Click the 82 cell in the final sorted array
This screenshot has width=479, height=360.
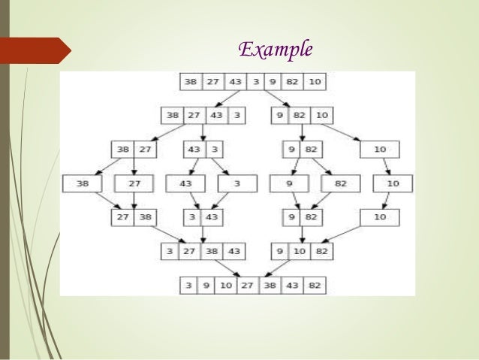315,286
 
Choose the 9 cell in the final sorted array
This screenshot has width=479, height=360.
205,286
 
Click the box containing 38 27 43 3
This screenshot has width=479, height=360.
202,115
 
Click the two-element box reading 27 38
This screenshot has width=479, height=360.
134,217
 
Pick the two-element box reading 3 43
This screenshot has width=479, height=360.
203,217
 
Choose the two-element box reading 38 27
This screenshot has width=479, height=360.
134,149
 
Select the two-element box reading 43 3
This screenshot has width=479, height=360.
203,149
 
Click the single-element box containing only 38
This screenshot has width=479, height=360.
84,183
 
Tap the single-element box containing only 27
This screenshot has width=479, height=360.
134,183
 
